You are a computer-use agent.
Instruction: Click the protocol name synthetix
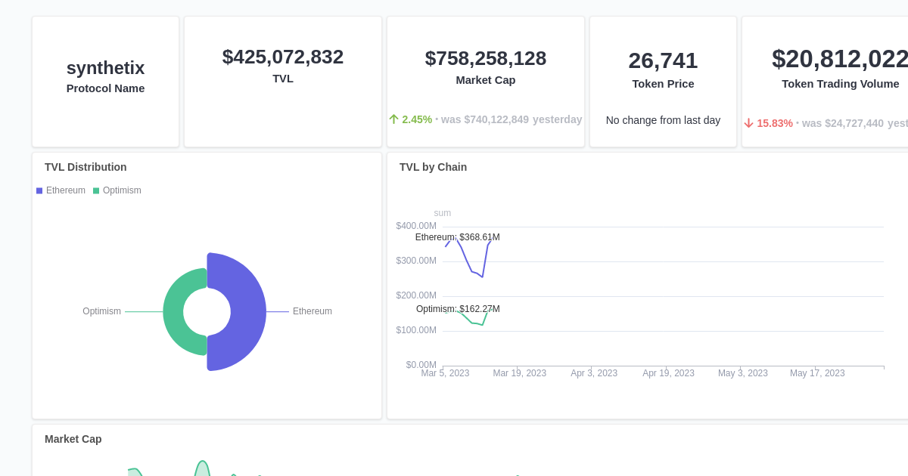tap(105, 68)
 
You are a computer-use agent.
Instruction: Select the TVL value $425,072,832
tap(282, 57)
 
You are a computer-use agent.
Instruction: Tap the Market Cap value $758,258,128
tap(485, 58)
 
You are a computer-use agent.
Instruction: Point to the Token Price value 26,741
tap(663, 60)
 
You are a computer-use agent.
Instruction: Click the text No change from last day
tap(663, 120)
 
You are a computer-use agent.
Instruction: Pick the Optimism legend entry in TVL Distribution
tap(117, 190)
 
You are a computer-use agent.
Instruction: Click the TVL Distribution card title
tap(86, 167)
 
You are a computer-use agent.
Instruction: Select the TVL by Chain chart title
tap(433, 167)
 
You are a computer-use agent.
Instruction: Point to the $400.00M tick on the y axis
tap(416, 226)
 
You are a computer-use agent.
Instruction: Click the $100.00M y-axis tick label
tap(416, 330)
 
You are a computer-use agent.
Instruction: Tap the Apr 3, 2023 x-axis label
tap(594, 373)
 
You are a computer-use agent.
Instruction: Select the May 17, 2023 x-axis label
tap(817, 373)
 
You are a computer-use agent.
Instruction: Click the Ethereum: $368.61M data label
tap(457, 237)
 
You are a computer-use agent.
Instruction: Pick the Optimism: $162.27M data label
tap(458, 309)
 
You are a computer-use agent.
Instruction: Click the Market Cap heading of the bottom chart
tap(73, 439)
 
